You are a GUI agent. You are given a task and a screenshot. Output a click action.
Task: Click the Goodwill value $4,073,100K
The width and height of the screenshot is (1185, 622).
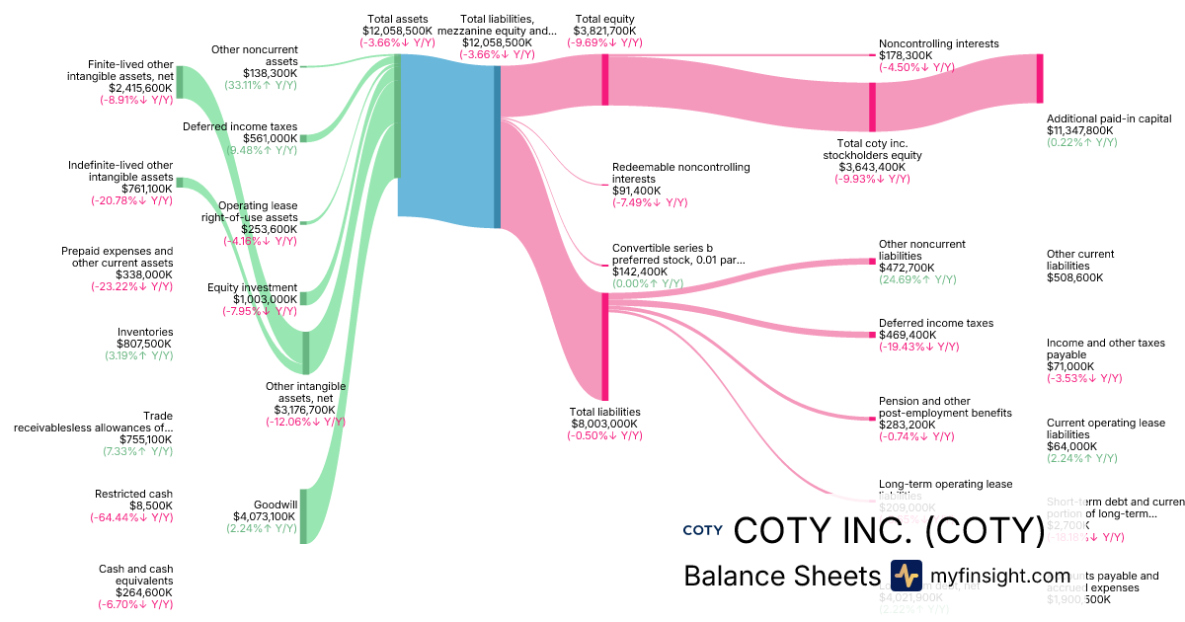pyautogui.click(x=265, y=515)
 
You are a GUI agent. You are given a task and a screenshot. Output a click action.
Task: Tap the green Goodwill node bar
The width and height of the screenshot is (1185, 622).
pyautogui.click(x=304, y=515)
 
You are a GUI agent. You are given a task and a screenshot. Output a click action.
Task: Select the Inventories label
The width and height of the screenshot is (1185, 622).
pyautogui.click(x=145, y=332)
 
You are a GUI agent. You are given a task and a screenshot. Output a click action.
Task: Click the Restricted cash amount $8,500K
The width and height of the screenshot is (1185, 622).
pyautogui.click(x=146, y=505)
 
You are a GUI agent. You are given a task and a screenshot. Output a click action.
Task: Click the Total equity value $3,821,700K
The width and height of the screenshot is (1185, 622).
pyautogui.click(x=604, y=31)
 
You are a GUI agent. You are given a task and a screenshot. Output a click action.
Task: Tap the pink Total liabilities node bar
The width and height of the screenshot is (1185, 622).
pyautogui.click(x=604, y=346)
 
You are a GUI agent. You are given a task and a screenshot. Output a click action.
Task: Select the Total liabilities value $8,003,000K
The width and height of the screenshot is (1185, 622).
pyautogui.click(x=604, y=424)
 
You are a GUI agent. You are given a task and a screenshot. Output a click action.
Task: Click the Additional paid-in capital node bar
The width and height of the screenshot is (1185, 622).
pyautogui.click(x=1039, y=79)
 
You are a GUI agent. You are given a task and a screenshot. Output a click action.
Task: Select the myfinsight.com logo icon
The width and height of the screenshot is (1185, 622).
pyautogui.click(x=906, y=576)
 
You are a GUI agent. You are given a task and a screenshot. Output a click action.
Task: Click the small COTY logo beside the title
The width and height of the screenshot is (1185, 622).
pyautogui.click(x=702, y=530)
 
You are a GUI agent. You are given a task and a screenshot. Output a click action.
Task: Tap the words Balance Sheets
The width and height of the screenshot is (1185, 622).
pyautogui.click(x=781, y=577)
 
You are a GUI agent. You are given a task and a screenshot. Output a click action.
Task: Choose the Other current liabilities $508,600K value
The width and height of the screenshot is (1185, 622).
pyautogui.click(x=1074, y=277)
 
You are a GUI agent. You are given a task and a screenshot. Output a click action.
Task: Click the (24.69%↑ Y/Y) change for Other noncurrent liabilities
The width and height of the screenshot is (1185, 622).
pyautogui.click(x=917, y=279)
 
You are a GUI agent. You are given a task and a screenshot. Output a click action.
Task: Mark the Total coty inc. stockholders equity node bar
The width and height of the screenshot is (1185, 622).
pyautogui.click(x=872, y=107)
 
